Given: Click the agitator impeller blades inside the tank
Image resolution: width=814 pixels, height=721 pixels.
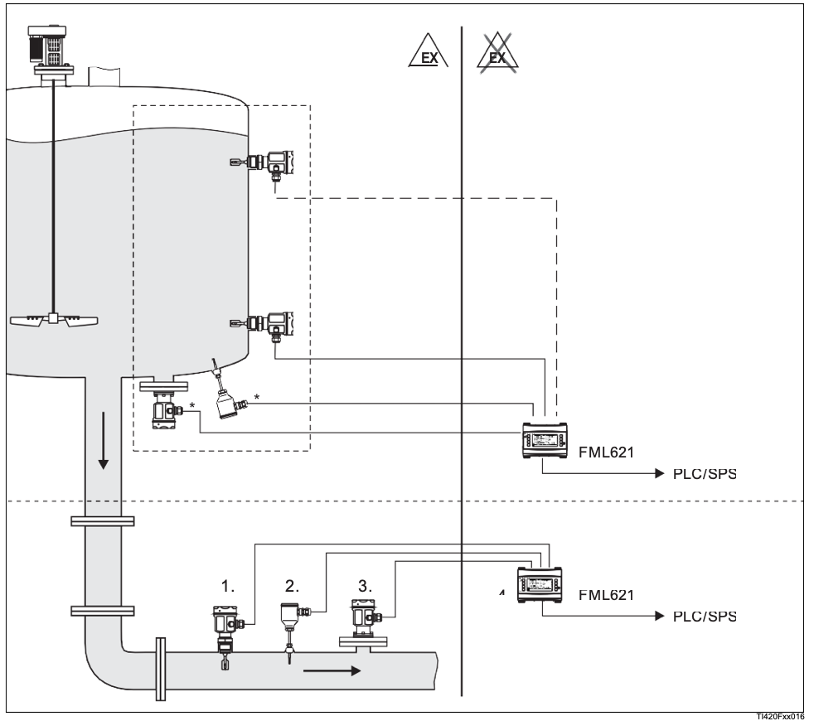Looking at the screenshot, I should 55,320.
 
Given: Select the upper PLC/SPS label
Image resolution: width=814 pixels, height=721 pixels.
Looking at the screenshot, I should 702,474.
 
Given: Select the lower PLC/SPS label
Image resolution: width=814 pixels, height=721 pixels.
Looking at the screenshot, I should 702,617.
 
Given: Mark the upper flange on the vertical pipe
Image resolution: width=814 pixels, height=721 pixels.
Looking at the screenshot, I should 102,521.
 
